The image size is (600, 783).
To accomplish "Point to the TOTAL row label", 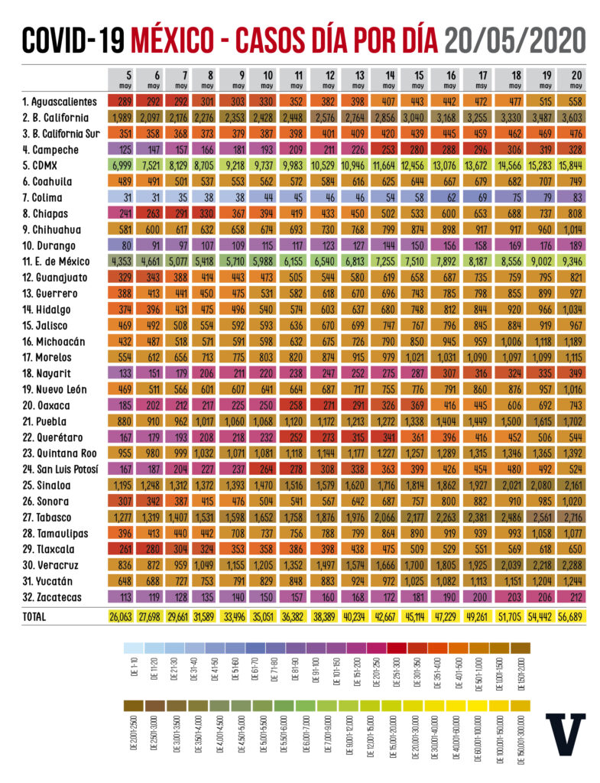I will coord(36,616).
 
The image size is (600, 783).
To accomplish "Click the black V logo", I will coord(565,737).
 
